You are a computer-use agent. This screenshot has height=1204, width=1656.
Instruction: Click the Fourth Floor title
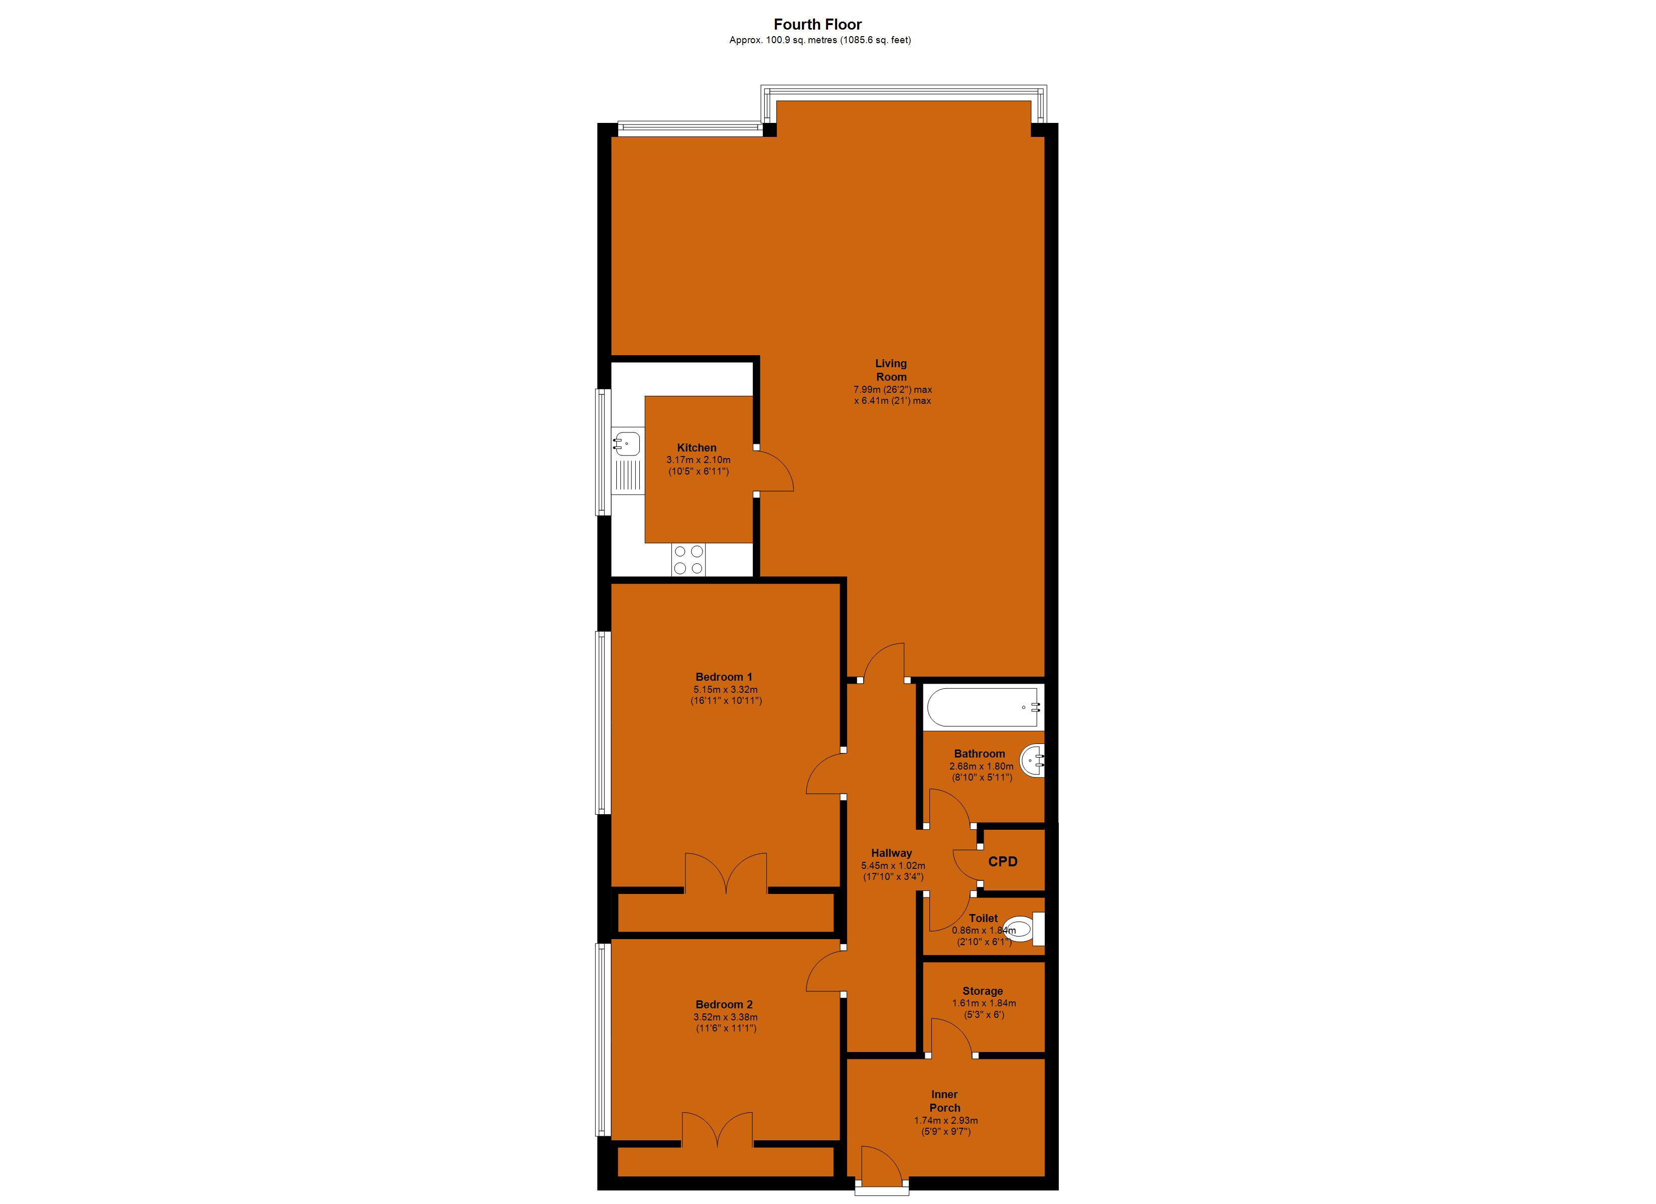[818, 24]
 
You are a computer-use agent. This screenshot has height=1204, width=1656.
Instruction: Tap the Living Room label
[891, 369]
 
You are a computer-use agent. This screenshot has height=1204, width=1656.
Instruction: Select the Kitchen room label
[697, 447]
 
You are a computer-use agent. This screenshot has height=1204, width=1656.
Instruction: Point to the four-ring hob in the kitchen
[688, 560]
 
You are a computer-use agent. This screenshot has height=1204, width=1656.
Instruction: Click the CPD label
[1003, 861]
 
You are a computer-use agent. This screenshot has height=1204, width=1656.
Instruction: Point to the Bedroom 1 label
[724, 677]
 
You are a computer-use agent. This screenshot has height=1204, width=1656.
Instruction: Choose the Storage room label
[982, 991]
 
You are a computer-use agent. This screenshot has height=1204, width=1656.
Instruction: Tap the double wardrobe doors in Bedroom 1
[726, 872]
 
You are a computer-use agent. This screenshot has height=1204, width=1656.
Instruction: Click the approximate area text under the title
[819, 40]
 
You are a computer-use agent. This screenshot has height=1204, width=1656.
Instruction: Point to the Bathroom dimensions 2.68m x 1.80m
[981, 767]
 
